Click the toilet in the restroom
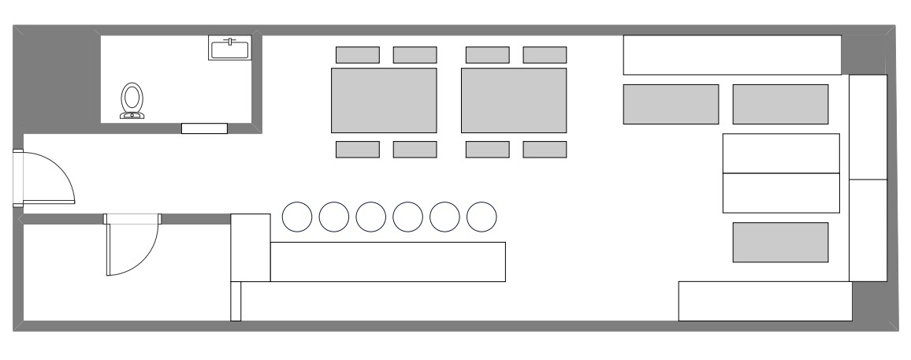point(132,101)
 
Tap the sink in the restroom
point(229,48)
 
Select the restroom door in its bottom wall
point(204,128)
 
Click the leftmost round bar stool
point(297,217)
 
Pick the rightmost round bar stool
point(482,217)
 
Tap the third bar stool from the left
point(371,217)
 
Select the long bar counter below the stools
point(387,262)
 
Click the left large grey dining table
point(384,100)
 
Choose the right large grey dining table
point(514,100)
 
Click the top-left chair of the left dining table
point(358,55)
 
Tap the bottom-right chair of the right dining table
point(545,150)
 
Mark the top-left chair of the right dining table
point(487,55)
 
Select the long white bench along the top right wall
point(732,55)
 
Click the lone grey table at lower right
point(780,242)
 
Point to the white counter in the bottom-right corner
point(765,301)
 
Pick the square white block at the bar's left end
point(251,247)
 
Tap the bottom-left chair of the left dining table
point(358,150)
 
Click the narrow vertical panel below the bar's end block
point(236,301)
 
